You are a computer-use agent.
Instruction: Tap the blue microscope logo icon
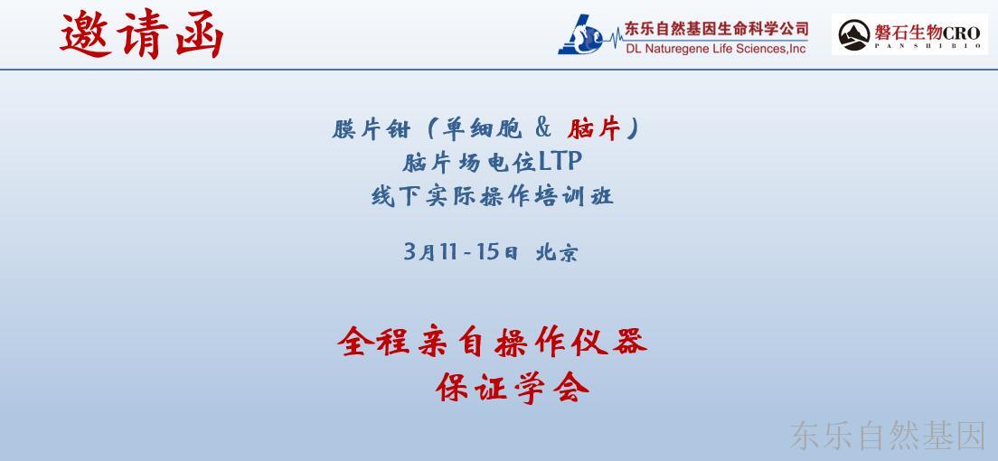point(580,34)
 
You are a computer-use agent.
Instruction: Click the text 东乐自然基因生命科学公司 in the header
point(716,29)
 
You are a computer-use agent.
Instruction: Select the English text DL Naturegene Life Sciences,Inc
point(716,49)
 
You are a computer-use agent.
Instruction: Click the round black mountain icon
point(854,35)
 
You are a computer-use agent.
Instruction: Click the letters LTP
point(560,163)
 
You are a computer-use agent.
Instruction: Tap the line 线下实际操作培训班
point(492,195)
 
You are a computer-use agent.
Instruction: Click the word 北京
point(557,253)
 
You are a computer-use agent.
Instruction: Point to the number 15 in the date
point(488,252)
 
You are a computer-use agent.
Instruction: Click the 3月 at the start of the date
point(419,253)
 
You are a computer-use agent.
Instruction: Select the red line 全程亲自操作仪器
point(492,342)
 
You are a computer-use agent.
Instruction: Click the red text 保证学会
point(513,387)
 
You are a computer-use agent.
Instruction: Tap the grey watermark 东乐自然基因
point(888,437)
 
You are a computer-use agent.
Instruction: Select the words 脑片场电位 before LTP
point(470,163)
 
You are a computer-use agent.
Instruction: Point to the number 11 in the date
point(448,252)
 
